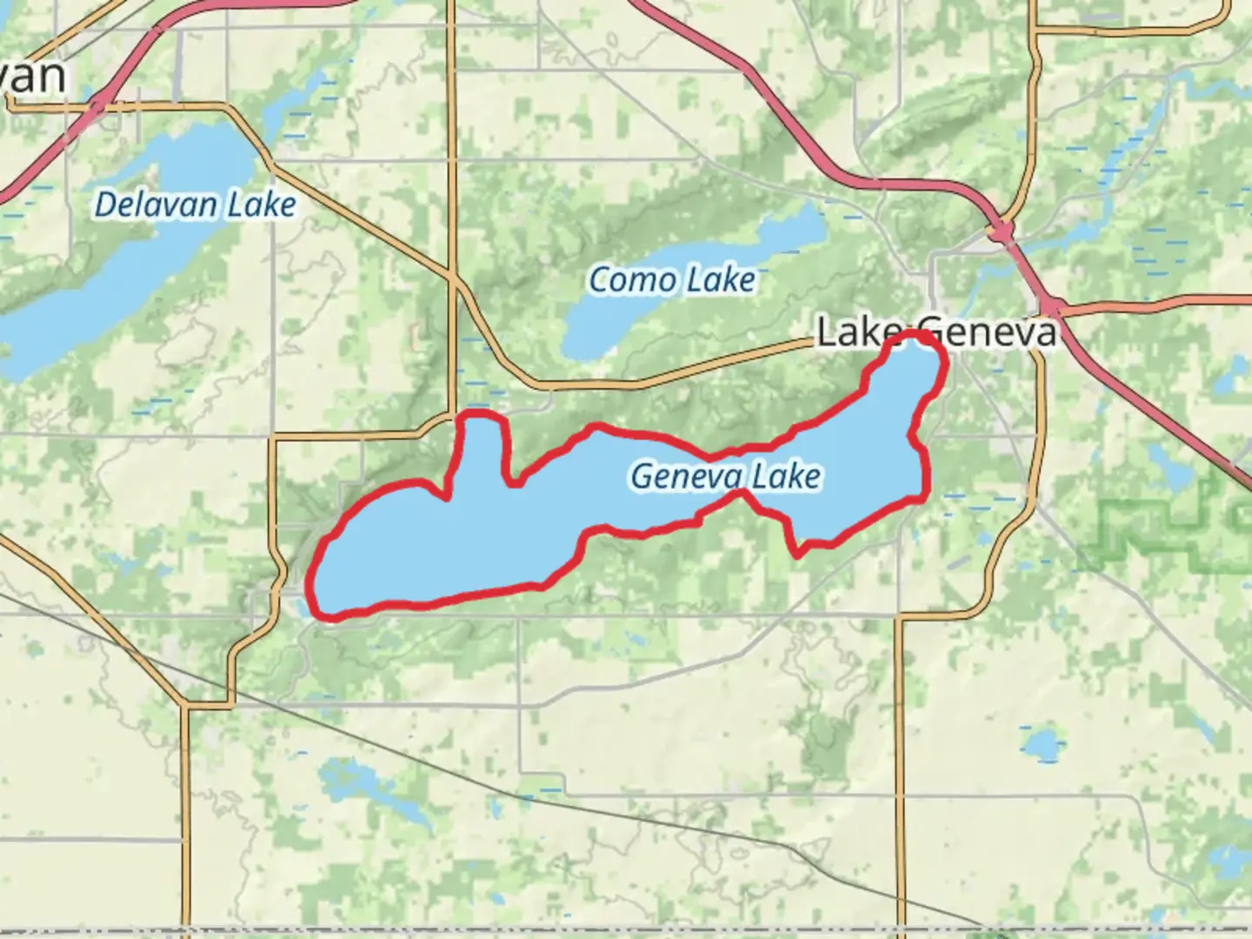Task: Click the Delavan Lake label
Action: point(195,205)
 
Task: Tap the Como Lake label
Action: point(671,280)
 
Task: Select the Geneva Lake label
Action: point(725,476)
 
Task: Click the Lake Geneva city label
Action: point(937,333)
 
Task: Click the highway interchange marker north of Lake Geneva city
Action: point(1002,232)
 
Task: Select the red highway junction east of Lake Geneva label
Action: point(1054,306)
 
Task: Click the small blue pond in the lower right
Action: point(1041,744)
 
